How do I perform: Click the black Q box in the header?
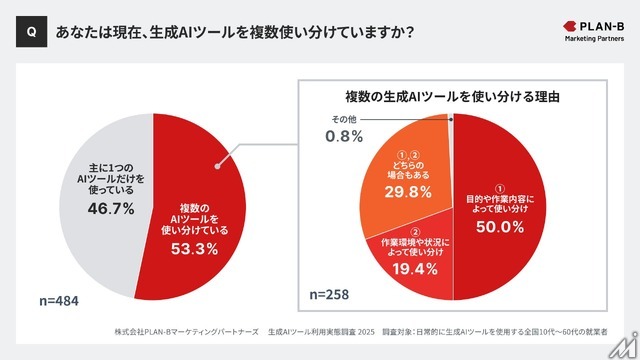(x=31, y=32)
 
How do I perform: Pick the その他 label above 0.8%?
(x=343, y=120)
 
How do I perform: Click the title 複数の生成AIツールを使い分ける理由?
(x=451, y=97)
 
